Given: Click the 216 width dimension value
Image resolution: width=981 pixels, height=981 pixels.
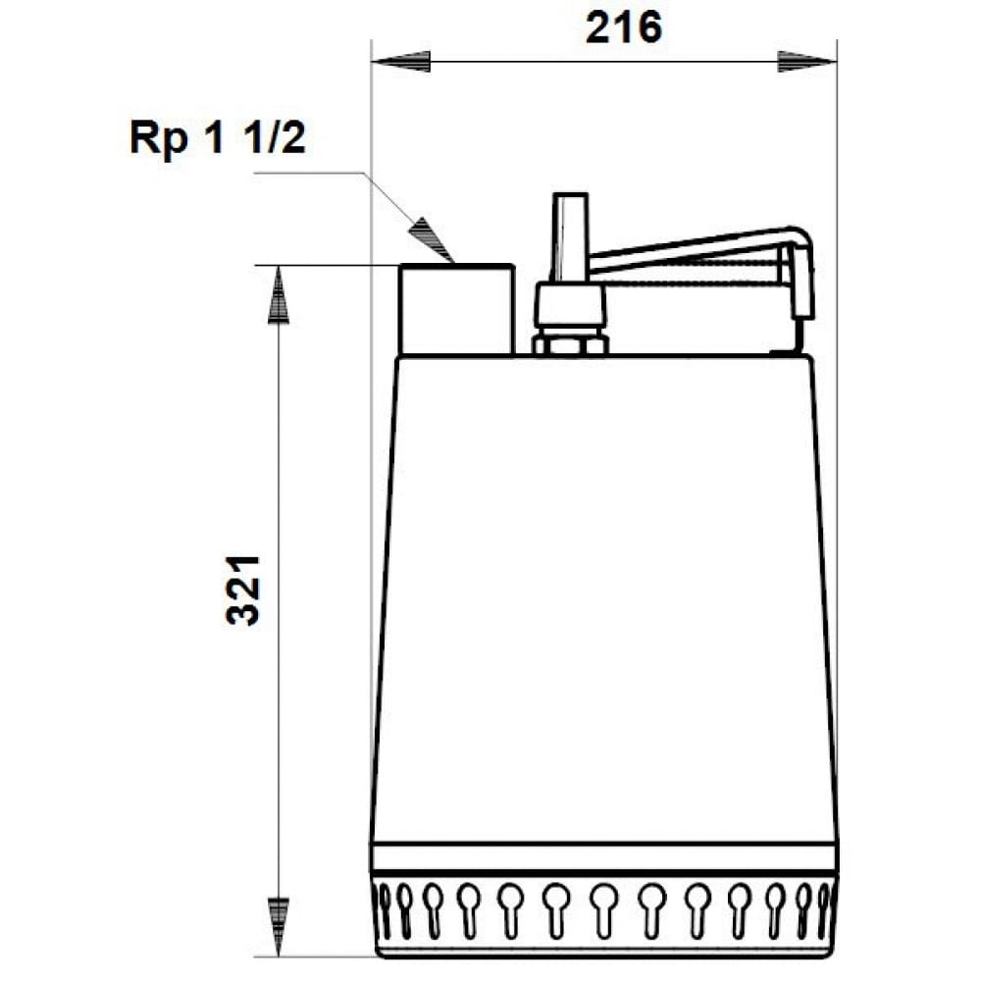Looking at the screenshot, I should pyautogui.click(x=624, y=28).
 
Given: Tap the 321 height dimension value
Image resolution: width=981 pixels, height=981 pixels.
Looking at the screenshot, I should pyautogui.click(x=244, y=590).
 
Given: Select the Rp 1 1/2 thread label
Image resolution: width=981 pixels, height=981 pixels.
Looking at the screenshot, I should pyautogui.click(x=217, y=138).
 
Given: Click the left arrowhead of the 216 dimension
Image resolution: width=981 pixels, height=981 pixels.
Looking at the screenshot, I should pyautogui.click(x=402, y=62).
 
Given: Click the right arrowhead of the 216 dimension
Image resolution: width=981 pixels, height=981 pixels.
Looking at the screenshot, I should pyautogui.click(x=806, y=62).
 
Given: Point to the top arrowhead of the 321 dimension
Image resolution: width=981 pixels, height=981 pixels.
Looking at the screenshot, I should pyautogui.click(x=280, y=293).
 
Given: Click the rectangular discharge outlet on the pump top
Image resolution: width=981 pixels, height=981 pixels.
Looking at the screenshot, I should pyautogui.click(x=456, y=309).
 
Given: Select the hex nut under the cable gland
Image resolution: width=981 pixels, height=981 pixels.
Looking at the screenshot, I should pyautogui.click(x=570, y=343).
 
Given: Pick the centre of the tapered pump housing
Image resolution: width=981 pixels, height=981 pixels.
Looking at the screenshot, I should pyautogui.click(x=604, y=598).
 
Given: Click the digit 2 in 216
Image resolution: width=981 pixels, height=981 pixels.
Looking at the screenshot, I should pyautogui.click(x=599, y=28).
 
